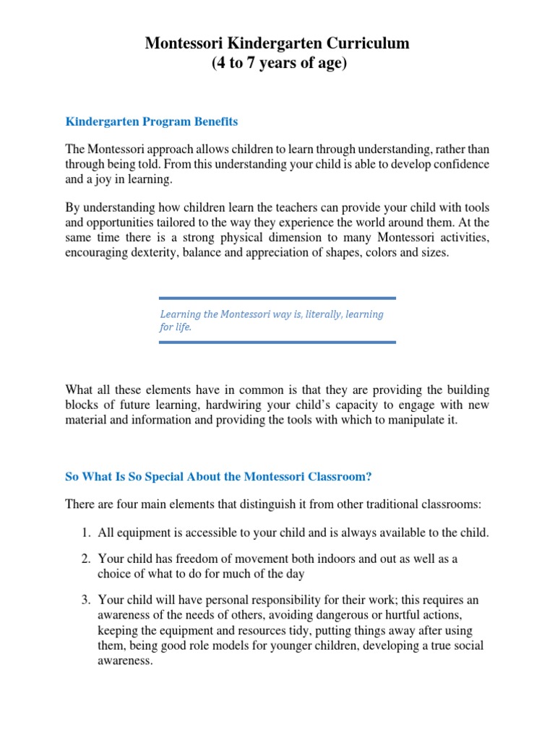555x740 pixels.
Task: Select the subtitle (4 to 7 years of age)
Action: [x=278, y=64]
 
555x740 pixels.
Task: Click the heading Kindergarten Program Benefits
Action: [x=152, y=121]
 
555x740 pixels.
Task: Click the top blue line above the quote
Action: [x=277, y=298]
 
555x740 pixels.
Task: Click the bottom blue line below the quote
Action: [x=277, y=343]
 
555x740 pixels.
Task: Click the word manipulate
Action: [x=410, y=420]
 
